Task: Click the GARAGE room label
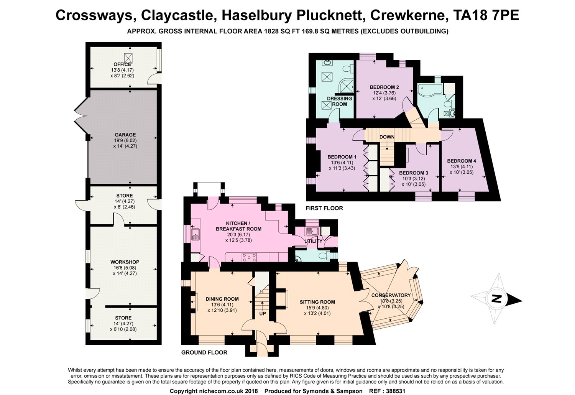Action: pos(125,135)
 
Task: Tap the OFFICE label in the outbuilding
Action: pos(122,64)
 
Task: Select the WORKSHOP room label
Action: pos(125,262)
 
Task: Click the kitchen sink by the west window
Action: pos(195,234)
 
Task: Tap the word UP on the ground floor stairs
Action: pos(262,314)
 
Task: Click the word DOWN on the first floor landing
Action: pos(387,137)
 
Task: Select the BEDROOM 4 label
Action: pos(462,161)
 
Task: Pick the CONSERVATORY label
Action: pos(391,295)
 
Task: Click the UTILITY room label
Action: pos(313,241)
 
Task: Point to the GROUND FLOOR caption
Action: pos(204,352)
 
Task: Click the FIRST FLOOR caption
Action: pos(324,208)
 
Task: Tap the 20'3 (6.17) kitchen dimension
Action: pos(238,235)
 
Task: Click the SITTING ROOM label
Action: pos(317,302)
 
